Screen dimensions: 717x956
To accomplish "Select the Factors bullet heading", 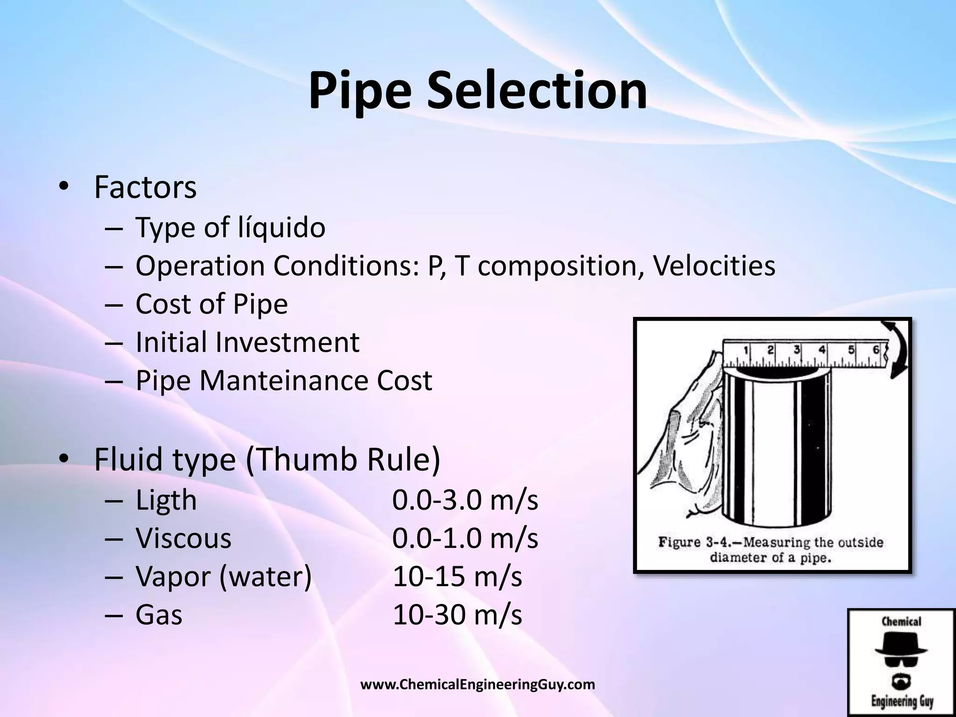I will tap(145, 188).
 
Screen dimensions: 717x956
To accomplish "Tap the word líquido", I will tap(279, 228).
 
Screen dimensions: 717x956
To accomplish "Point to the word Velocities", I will tap(714, 266).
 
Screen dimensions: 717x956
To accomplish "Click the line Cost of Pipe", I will tap(211, 304).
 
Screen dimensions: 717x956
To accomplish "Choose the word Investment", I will tap(287, 343).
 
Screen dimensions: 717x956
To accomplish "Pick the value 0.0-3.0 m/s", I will tap(465, 500).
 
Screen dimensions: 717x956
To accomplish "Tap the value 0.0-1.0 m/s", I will tap(465, 539).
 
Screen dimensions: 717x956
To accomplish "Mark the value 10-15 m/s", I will tap(457, 577).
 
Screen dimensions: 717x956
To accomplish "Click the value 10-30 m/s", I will tap(457, 615).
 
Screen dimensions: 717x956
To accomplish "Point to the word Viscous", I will tap(183, 539).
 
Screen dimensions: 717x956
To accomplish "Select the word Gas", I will tap(159, 615).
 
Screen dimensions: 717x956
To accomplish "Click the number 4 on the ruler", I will tap(822, 350).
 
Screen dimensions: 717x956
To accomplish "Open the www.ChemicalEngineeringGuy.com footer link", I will tap(478, 685).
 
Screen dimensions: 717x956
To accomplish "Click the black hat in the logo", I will tap(901, 647).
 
